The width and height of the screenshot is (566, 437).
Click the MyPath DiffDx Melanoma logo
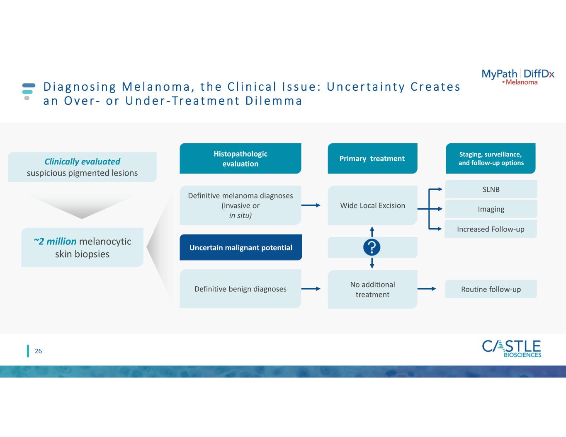click(x=517, y=77)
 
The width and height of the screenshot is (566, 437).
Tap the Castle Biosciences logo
click(x=511, y=348)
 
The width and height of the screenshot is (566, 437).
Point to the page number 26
click(x=38, y=351)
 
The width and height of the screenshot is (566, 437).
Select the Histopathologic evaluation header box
click(x=240, y=159)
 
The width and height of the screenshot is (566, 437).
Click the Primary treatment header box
click(x=372, y=159)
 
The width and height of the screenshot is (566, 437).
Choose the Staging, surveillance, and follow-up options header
click(x=491, y=159)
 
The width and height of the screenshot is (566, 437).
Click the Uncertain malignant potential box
click(x=240, y=248)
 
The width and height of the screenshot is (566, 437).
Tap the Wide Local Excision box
click(x=372, y=205)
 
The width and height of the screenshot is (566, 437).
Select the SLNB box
click(x=491, y=189)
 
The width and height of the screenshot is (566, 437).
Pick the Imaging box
click(x=491, y=209)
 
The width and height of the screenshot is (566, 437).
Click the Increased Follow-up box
click(x=491, y=229)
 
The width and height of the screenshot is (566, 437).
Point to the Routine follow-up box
click(x=491, y=289)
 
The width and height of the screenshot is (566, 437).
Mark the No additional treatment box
click(x=372, y=290)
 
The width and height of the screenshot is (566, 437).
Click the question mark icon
click(x=372, y=248)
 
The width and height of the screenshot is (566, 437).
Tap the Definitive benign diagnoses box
click(x=240, y=289)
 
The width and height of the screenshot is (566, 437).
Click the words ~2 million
click(x=55, y=241)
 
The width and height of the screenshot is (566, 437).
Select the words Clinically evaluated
click(x=82, y=162)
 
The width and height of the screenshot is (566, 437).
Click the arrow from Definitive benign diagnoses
click(x=311, y=289)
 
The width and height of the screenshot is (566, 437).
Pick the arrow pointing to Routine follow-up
click(x=427, y=289)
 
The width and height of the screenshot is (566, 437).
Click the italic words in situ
click(x=240, y=216)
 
